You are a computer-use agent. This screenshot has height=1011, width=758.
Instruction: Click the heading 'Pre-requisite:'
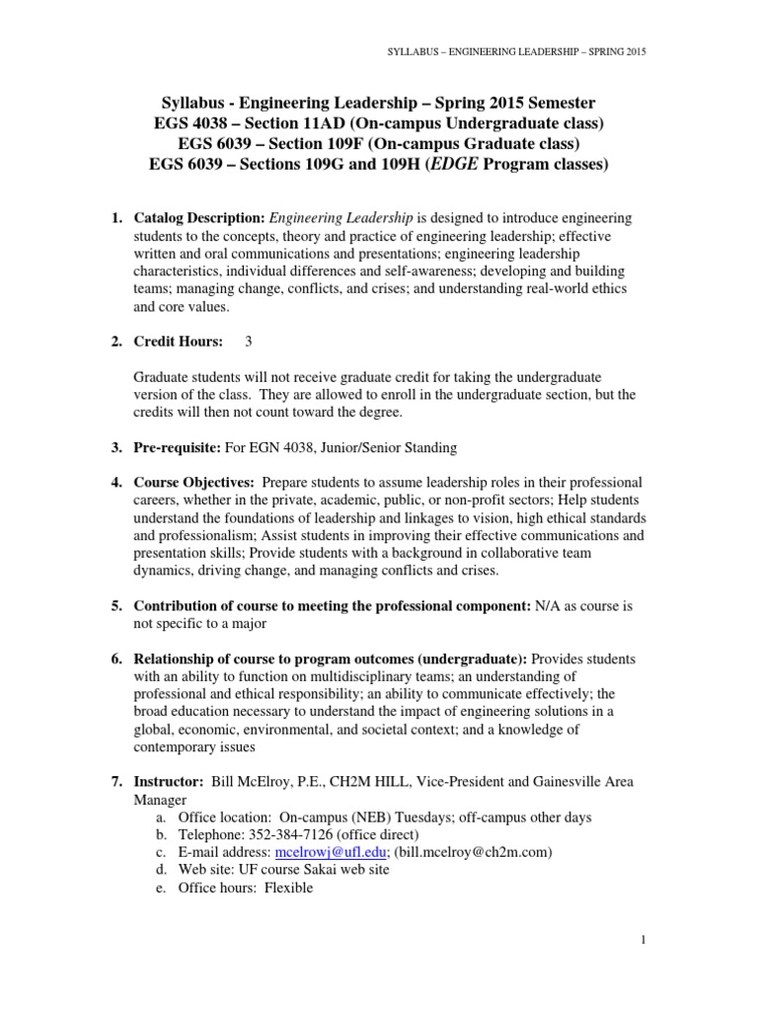point(178,447)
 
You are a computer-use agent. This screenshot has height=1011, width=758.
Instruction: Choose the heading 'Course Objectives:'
point(193,482)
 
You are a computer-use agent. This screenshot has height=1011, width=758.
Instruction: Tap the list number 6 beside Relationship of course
point(114,659)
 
